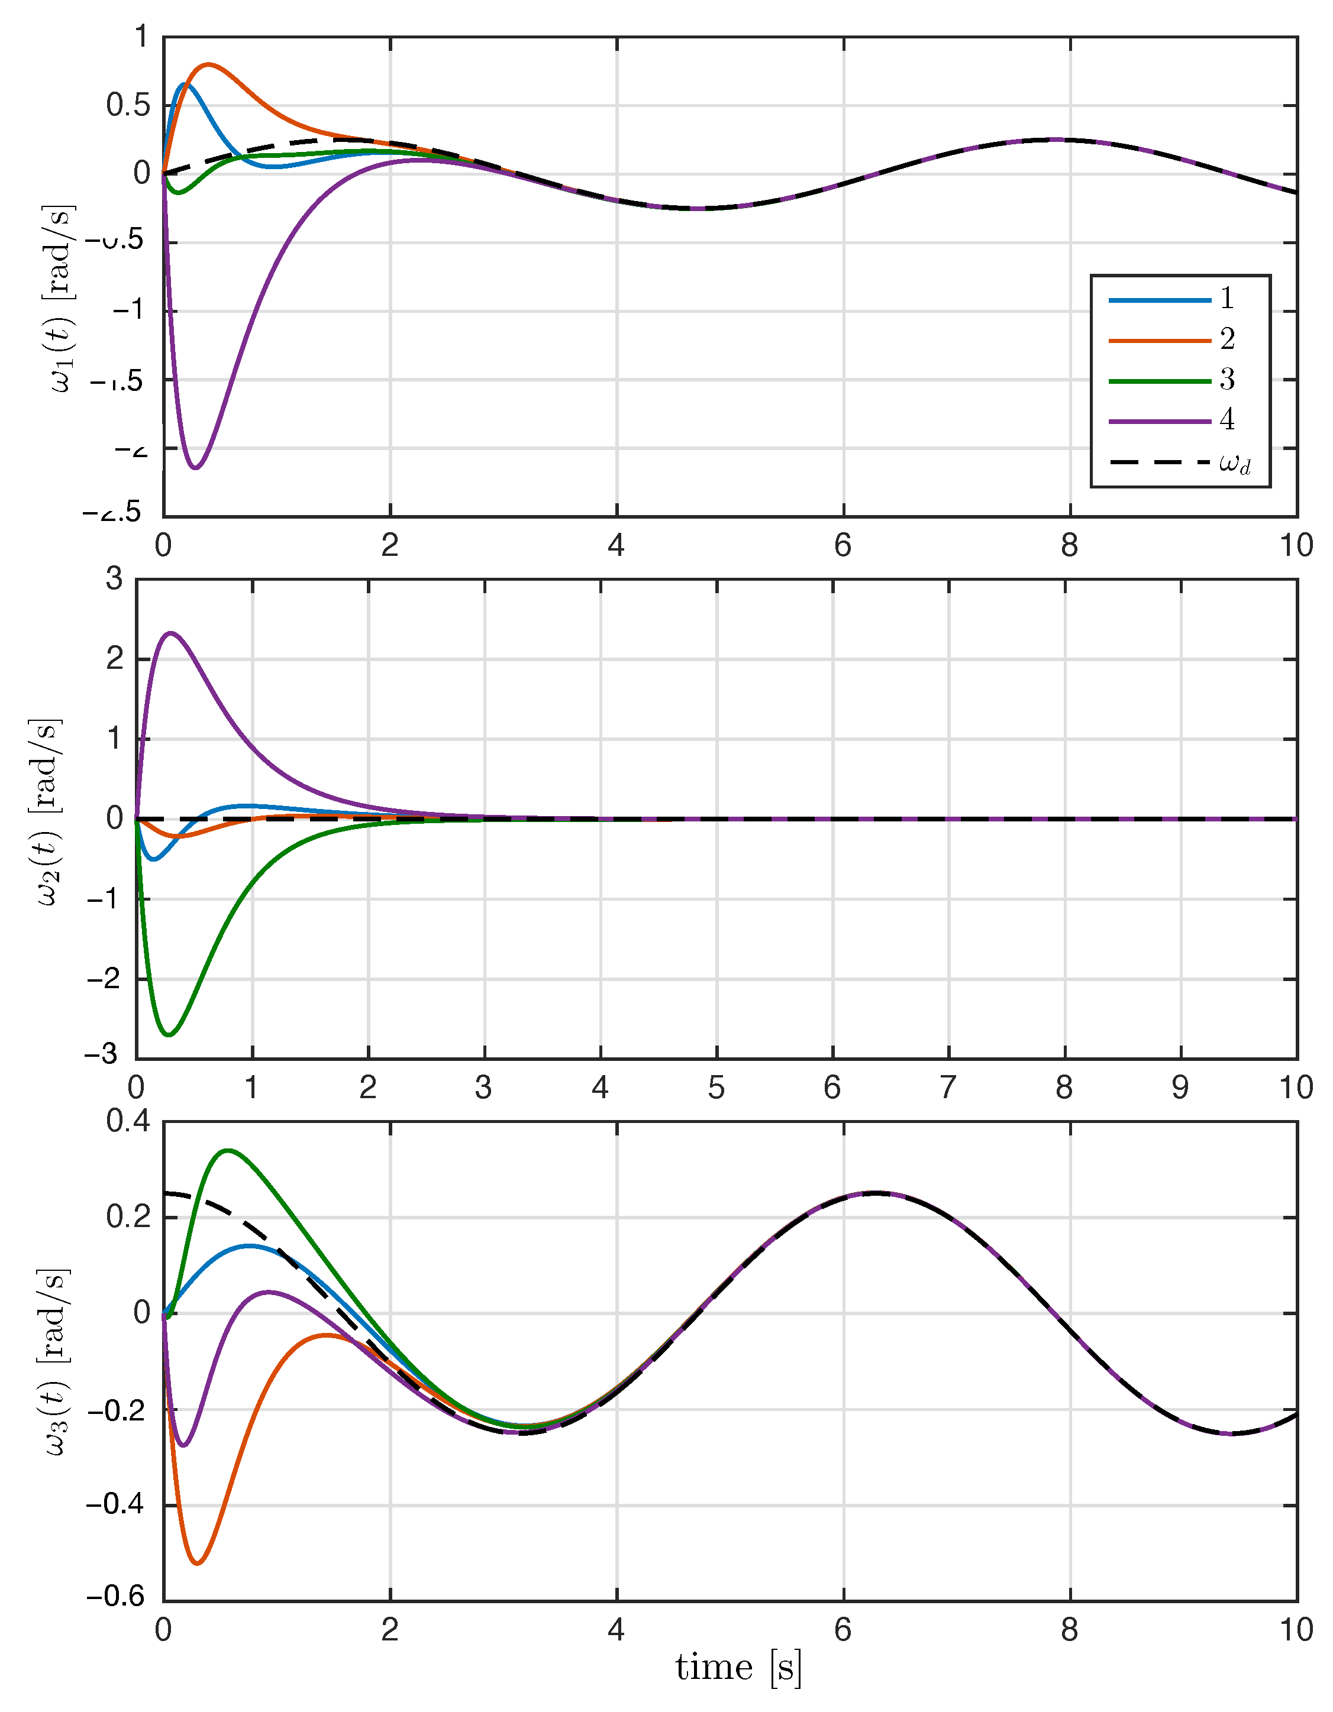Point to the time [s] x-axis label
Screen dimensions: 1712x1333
pyautogui.click(x=738, y=1667)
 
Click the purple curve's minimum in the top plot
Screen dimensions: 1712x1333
pyautogui.click(x=195, y=468)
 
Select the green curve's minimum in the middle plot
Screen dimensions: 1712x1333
pyautogui.click(x=169, y=1035)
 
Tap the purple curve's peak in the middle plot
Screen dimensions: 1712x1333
pyautogui.click(x=171, y=633)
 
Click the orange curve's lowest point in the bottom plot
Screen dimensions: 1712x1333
pyautogui.click(x=198, y=1564)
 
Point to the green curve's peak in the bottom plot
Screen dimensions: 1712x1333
pyautogui.click(x=227, y=1151)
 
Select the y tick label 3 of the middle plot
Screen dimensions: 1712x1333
pyautogui.click(x=114, y=580)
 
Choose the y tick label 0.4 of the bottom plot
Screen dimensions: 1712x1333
pyautogui.click(x=128, y=1121)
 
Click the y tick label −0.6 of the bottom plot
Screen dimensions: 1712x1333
pyautogui.click(x=116, y=1597)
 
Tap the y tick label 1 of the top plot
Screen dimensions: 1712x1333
pyautogui.click(x=141, y=36)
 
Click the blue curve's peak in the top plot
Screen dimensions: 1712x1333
pyautogui.click(x=184, y=83)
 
